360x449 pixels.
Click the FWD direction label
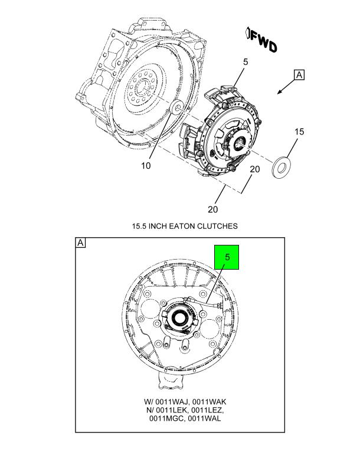[261, 41]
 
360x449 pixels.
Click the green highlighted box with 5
[227, 257]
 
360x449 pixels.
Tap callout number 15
[299, 131]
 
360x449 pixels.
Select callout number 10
[145, 166]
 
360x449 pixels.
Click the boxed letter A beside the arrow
[300, 74]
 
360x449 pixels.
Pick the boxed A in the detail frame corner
[80, 243]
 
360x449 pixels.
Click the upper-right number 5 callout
[245, 61]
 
